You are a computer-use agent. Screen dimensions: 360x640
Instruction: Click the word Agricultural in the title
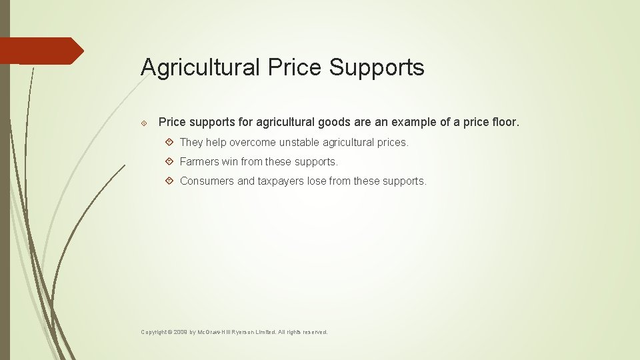pos(201,68)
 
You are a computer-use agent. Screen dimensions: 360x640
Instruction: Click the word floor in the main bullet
pos(503,123)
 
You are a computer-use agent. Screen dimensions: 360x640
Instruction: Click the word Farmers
pos(199,162)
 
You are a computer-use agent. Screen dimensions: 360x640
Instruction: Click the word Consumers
pos(207,181)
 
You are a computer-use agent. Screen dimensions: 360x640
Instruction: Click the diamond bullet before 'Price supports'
pos(144,123)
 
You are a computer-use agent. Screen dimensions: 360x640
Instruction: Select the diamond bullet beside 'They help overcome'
pos(169,143)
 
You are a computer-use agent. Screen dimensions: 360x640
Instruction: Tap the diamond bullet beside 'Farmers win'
pos(169,162)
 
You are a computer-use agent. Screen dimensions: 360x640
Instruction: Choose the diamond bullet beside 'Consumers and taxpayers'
pos(169,181)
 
